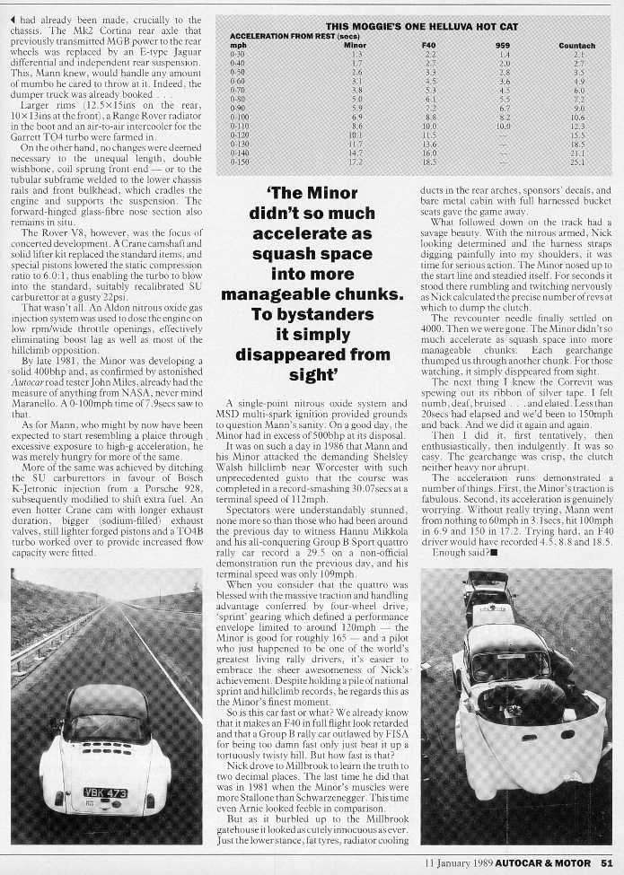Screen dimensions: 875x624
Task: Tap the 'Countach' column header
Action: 576,44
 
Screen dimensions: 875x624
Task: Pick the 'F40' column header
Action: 428,44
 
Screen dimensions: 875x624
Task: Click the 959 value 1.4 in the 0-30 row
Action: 504,54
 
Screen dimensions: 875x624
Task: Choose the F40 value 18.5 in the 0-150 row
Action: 428,162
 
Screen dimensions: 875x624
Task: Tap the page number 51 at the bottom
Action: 607,863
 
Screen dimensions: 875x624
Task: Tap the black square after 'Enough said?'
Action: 493,550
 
